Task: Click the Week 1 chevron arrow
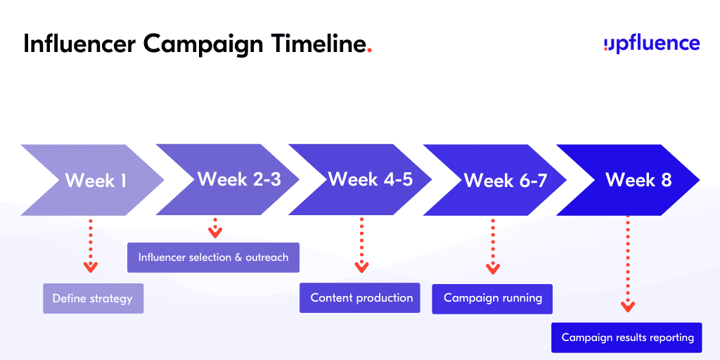pos(95,180)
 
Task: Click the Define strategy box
pos(93,298)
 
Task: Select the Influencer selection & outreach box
pos(213,257)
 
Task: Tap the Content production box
pos(361,297)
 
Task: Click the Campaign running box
pos(492,298)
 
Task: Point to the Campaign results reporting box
pos(626,337)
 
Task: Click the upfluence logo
pos(652,44)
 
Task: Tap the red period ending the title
pos(370,51)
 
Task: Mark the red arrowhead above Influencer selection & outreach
pos(215,233)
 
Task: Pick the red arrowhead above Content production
pos(361,267)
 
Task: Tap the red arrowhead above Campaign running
pos(492,268)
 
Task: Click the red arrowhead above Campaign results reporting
pos(628,307)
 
